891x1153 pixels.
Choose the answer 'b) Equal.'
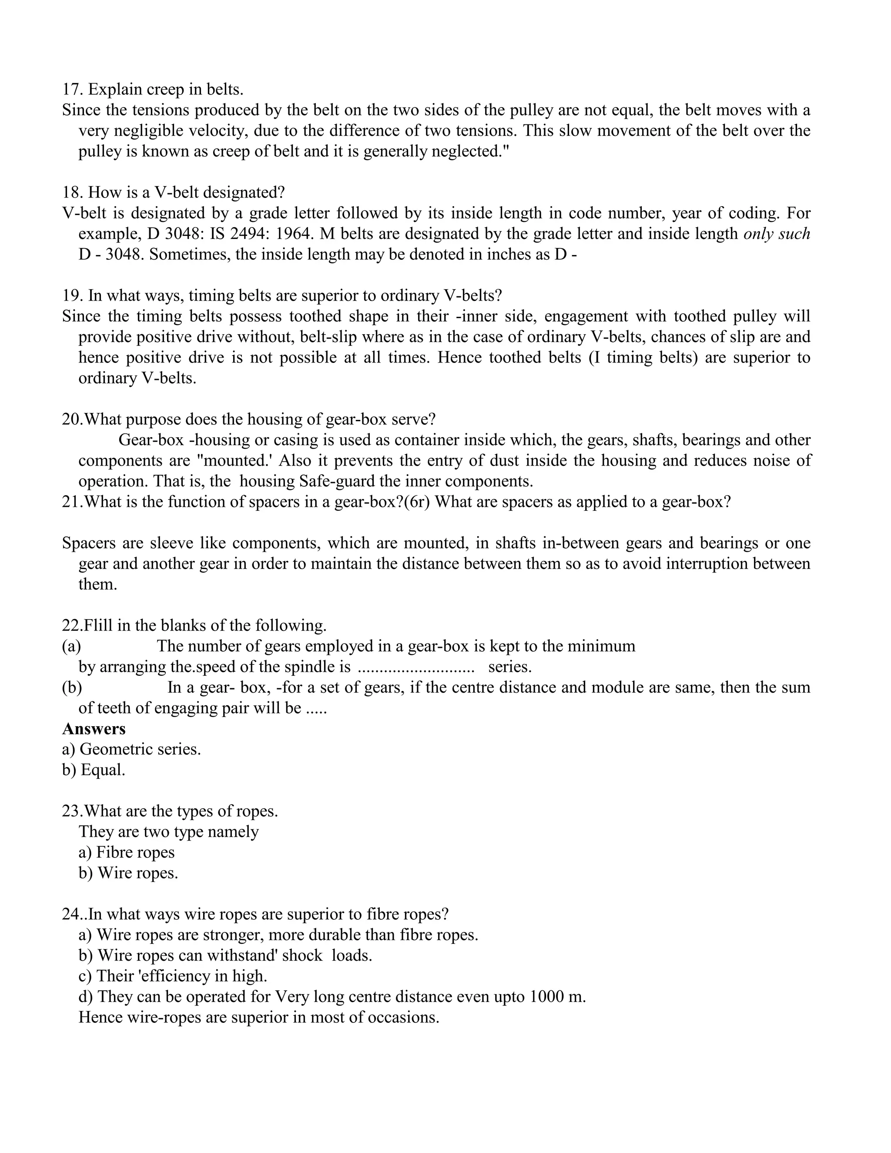[x=94, y=770]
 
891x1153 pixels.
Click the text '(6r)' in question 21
[x=417, y=502]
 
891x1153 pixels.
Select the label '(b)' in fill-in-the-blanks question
[x=72, y=687]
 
